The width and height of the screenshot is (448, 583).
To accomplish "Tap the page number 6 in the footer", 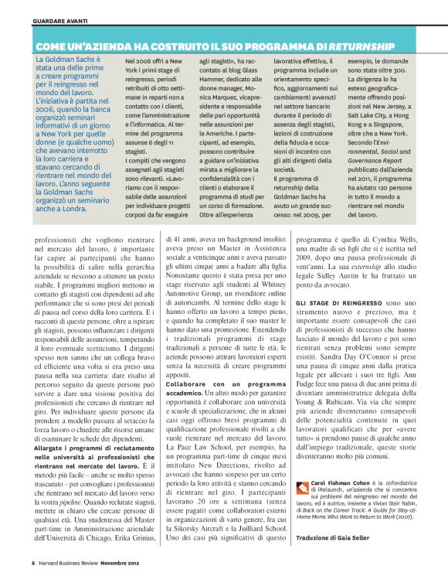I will [33, 562].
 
